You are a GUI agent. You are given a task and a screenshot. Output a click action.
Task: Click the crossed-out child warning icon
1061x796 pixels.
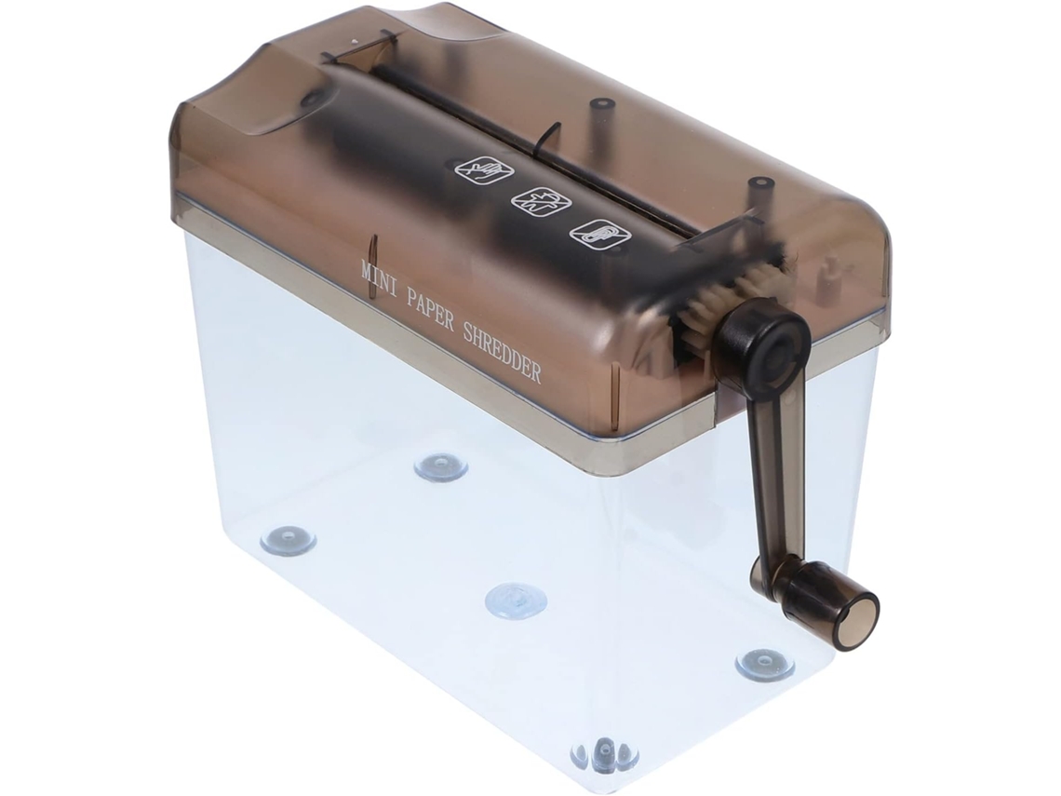click(x=542, y=201)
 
